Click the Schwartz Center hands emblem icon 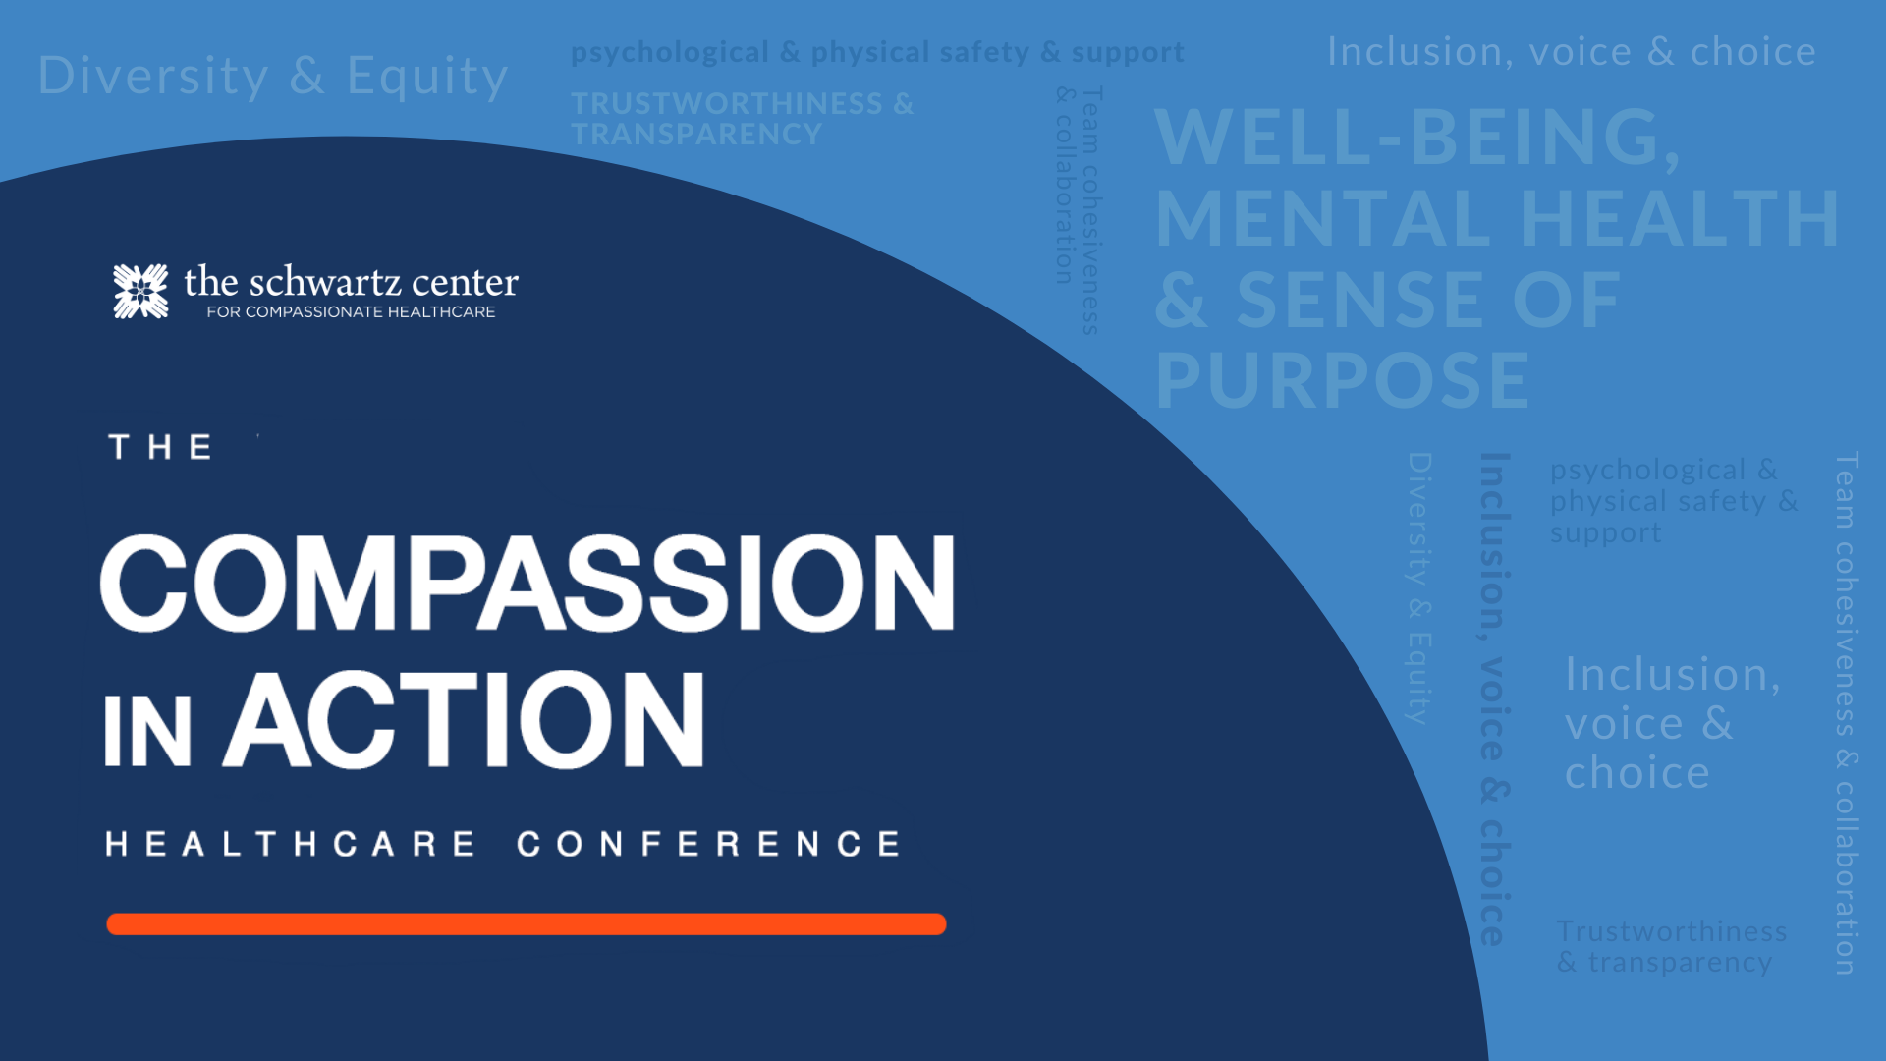pos(140,291)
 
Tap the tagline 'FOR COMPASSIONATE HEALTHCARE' pos(351,312)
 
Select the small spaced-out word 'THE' pos(160,447)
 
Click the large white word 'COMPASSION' pos(527,583)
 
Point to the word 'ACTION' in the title pos(464,719)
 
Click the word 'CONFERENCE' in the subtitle pos(708,844)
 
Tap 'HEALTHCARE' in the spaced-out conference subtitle pos(291,844)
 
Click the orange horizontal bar pos(527,924)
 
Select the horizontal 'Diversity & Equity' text pos(273,77)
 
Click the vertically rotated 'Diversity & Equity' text pos(1420,588)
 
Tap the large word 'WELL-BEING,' pos(1417,137)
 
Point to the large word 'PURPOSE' pos(1343,380)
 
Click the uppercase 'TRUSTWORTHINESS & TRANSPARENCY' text pos(743,119)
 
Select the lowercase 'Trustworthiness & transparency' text pos(1672,946)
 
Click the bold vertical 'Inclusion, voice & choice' pos(1495,698)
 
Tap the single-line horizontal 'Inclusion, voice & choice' pos(1572,52)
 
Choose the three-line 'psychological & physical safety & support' pos(1674,501)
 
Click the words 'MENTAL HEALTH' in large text pos(1497,218)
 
